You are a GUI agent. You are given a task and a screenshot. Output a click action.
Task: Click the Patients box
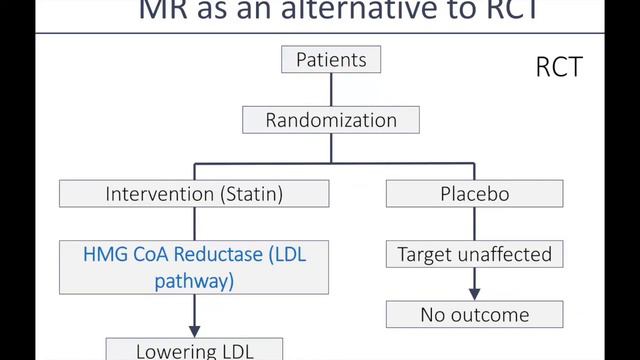pos(331,60)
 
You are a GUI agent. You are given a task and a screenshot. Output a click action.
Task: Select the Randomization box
pos(331,121)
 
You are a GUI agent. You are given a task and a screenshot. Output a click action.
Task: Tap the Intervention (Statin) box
pos(194,194)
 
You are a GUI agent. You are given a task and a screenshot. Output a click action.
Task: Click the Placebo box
pos(474,194)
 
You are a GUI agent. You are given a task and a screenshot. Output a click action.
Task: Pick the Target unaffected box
pos(474,255)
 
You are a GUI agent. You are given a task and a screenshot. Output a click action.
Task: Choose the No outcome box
pos(474,315)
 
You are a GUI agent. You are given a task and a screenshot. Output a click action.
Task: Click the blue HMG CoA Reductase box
pos(194,267)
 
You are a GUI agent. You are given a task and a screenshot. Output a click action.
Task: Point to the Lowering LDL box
pos(194,351)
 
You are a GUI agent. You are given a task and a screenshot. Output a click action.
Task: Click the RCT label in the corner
pos(558,69)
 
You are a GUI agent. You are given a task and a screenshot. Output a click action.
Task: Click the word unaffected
pos(502,255)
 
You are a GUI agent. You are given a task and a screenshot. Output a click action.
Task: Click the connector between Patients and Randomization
pos(331,90)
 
